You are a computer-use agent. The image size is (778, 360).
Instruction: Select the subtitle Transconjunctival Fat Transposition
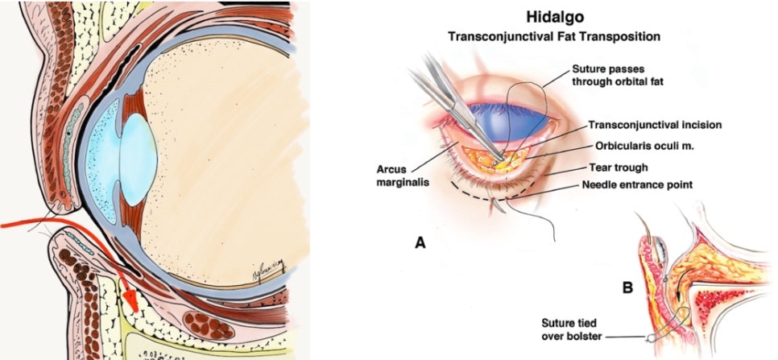(554, 37)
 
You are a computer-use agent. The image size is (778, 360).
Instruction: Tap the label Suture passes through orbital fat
(618, 76)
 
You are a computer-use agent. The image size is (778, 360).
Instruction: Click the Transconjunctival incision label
(655, 126)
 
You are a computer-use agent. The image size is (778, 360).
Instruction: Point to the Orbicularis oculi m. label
(644, 147)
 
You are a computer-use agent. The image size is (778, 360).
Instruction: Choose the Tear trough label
(619, 168)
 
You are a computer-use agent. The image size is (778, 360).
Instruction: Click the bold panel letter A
(420, 242)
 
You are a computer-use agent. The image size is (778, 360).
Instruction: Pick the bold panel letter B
(627, 287)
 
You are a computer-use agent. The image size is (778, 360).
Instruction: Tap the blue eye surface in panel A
(511, 121)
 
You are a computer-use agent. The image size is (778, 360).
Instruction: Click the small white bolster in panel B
(648, 339)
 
